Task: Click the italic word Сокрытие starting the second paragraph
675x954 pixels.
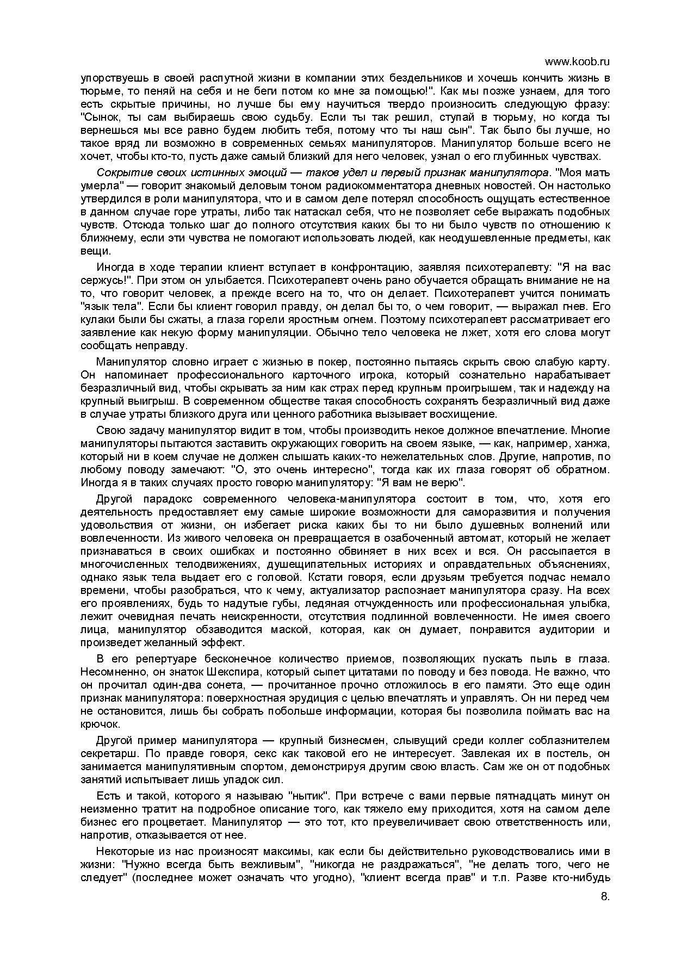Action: tap(116, 172)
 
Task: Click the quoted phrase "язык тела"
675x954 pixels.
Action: tap(111, 306)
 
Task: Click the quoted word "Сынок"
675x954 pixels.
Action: tap(101, 117)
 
